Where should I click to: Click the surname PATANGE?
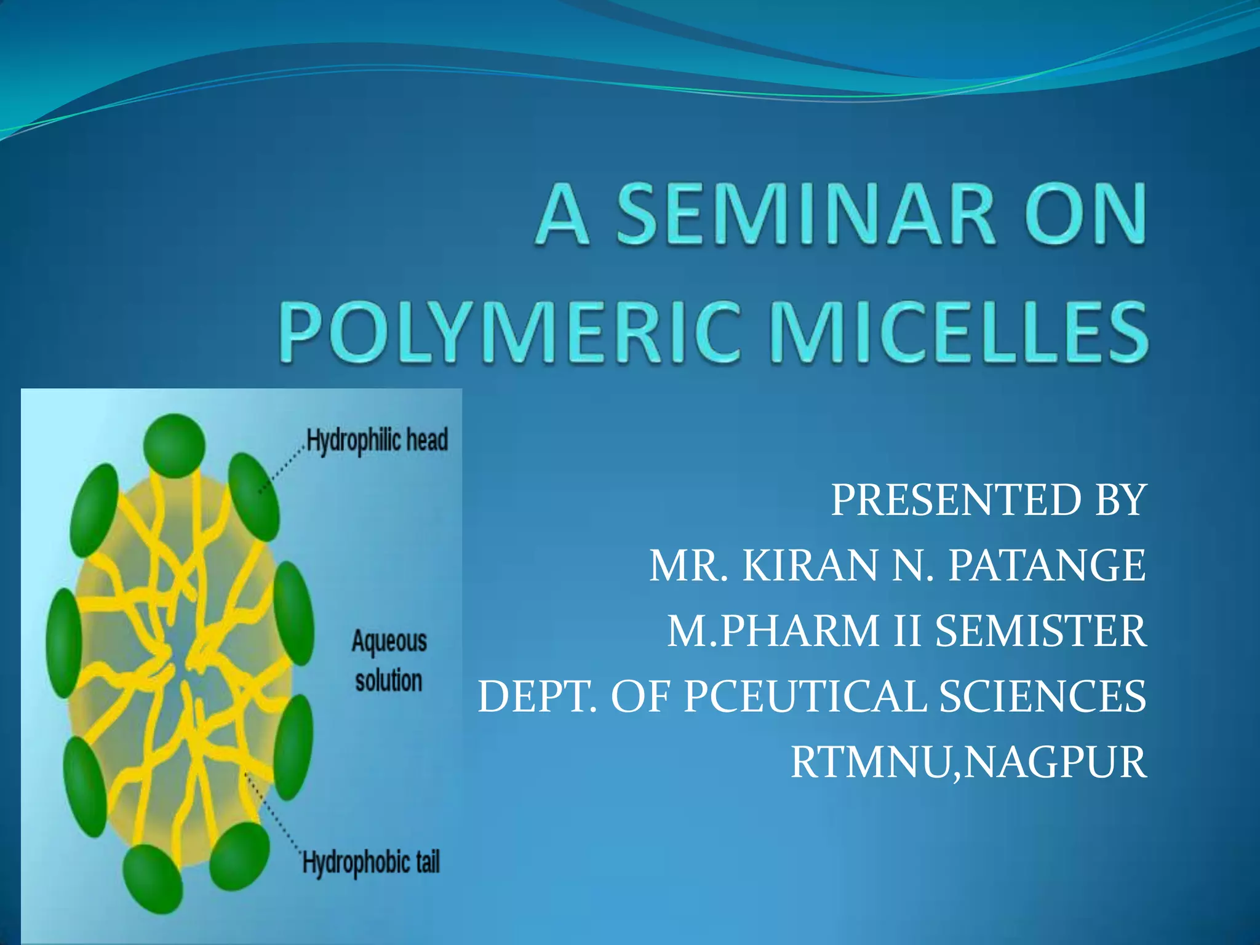click(x=1047, y=566)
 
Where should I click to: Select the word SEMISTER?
click(x=1040, y=632)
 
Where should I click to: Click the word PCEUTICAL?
click(x=805, y=697)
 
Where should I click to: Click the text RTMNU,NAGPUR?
click(x=968, y=763)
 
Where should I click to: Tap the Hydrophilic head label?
click(x=377, y=441)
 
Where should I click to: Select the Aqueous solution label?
click(x=389, y=661)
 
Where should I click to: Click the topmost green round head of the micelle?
click(x=174, y=445)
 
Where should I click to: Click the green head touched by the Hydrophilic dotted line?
click(x=253, y=496)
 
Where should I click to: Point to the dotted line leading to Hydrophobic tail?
click(x=271, y=815)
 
